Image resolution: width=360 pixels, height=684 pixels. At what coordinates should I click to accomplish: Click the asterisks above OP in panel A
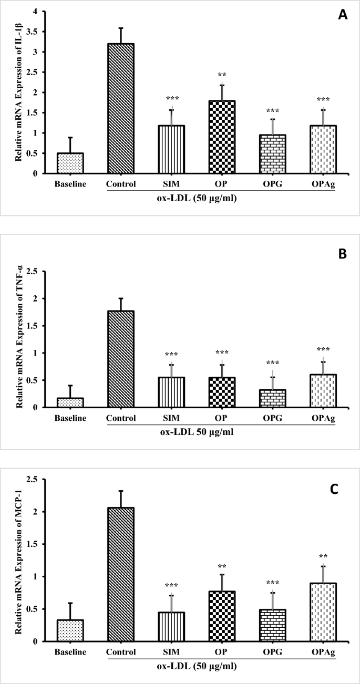tap(222, 75)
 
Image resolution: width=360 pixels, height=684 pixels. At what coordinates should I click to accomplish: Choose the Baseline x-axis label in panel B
tap(71, 418)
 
